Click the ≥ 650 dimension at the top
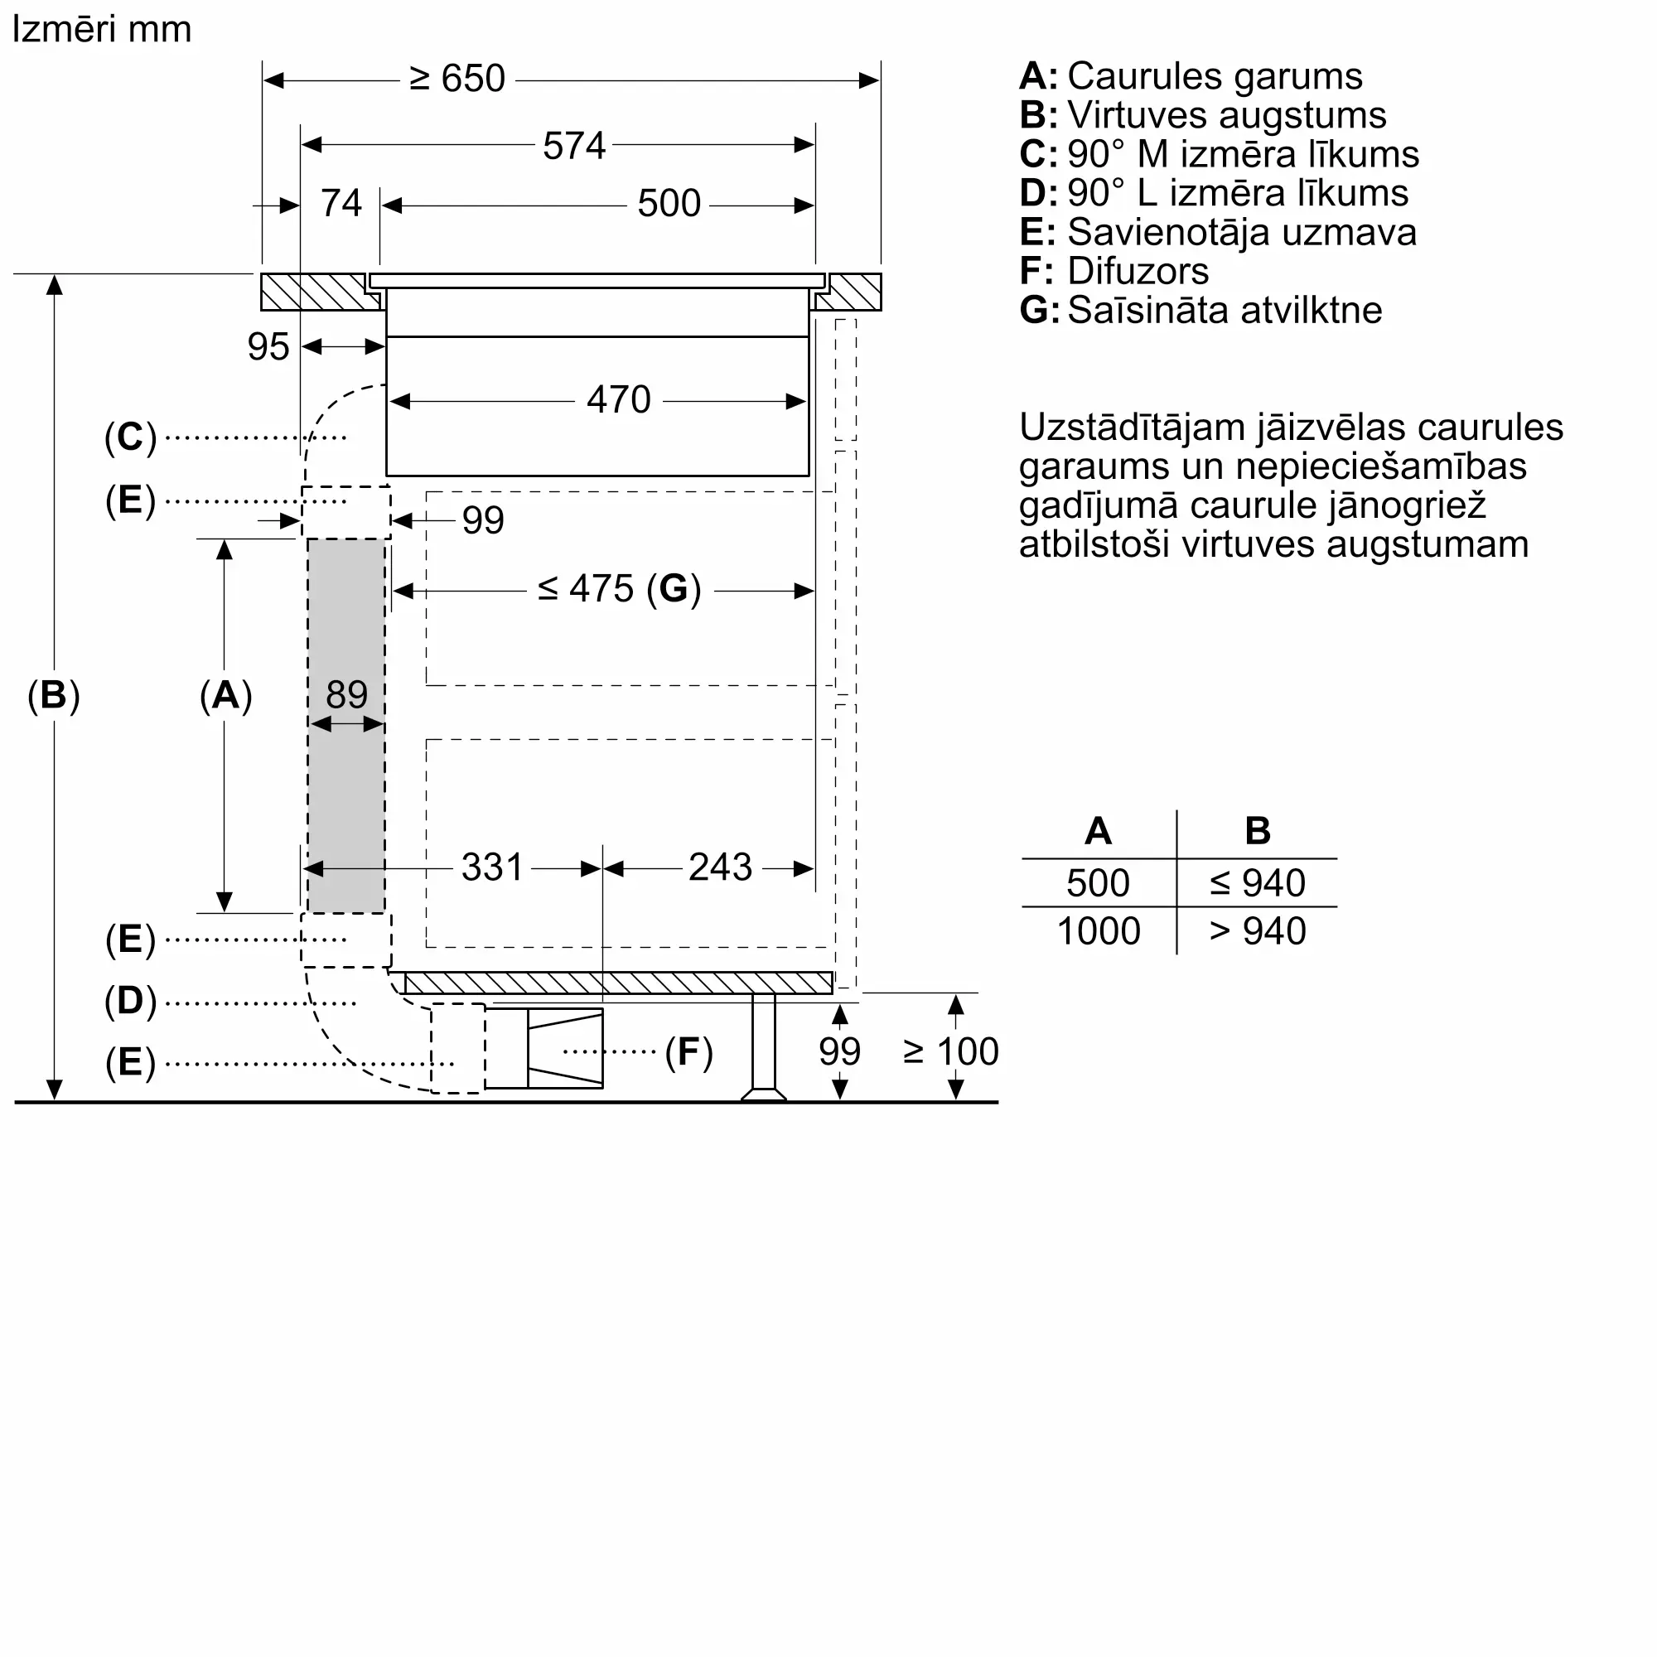click(x=457, y=79)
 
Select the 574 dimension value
click(x=574, y=146)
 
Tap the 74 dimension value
click(x=341, y=204)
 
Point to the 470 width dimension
click(x=618, y=399)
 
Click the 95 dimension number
click(x=268, y=347)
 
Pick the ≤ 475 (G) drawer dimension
click(x=619, y=589)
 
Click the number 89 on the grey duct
click(x=346, y=693)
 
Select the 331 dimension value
click(x=491, y=867)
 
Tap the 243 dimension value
click(x=720, y=867)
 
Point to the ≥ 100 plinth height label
click(x=951, y=1051)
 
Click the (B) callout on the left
click(x=53, y=695)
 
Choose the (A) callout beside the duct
click(x=225, y=695)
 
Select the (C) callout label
click(x=130, y=437)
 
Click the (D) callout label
click(x=130, y=1001)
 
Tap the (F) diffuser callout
click(x=688, y=1052)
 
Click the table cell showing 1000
click(x=1099, y=931)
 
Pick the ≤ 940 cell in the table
click(x=1258, y=883)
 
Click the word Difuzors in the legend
click(x=1138, y=272)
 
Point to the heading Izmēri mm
click(x=101, y=30)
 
